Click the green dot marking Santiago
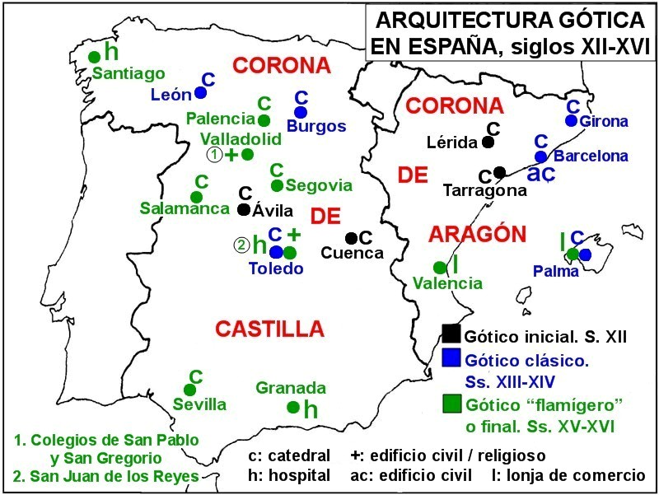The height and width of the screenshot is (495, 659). pyautogui.click(x=95, y=56)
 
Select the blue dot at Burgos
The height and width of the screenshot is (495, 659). pyautogui.click(x=300, y=112)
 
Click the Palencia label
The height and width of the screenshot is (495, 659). pyautogui.click(x=220, y=119)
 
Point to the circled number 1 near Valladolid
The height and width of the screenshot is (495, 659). pyautogui.click(x=214, y=154)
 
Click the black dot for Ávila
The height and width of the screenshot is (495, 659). pyautogui.click(x=243, y=209)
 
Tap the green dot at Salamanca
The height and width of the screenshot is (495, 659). pyautogui.click(x=196, y=197)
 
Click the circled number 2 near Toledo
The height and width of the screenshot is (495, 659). pyautogui.click(x=241, y=245)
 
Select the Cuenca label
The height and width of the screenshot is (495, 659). pyautogui.click(x=353, y=253)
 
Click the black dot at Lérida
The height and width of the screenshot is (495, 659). pyautogui.click(x=488, y=142)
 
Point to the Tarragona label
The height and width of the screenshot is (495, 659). pyautogui.click(x=484, y=191)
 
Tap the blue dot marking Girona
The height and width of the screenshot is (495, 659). pyautogui.click(x=571, y=120)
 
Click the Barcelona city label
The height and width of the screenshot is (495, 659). pyautogui.click(x=591, y=156)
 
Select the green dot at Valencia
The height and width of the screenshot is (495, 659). pyautogui.click(x=440, y=267)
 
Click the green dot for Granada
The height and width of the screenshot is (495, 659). pyautogui.click(x=292, y=406)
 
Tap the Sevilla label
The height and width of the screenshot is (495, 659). pyautogui.click(x=199, y=404)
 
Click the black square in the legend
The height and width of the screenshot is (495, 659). pyautogui.click(x=451, y=334)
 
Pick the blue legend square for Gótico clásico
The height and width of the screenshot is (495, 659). pyautogui.click(x=451, y=359)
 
